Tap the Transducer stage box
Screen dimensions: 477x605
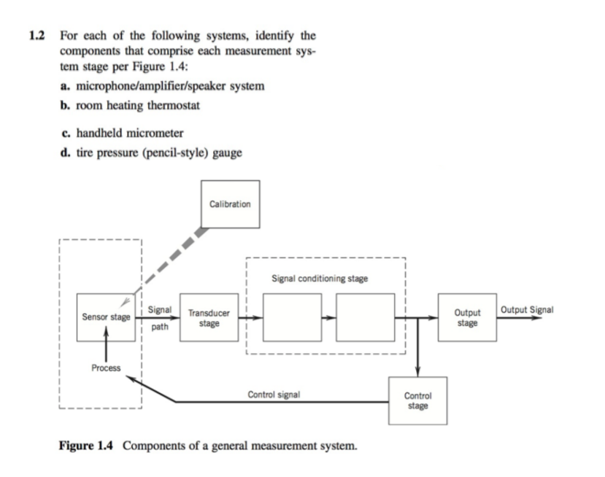click(209, 318)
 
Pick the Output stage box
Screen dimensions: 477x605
click(466, 318)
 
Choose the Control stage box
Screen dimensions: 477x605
click(417, 400)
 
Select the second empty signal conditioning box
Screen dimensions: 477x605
click(364, 318)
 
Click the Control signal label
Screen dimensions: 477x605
click(274, 394)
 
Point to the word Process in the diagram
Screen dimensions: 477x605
click(106, 368)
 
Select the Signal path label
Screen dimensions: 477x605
click(160, 318)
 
